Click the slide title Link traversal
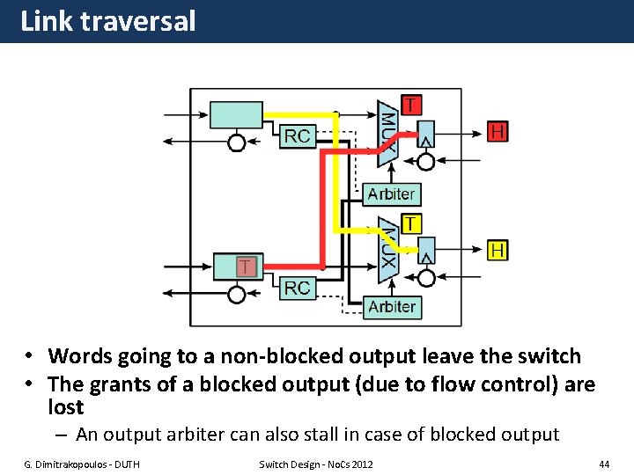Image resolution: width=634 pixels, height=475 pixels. point(107,21)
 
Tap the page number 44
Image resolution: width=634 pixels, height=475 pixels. point(603,464)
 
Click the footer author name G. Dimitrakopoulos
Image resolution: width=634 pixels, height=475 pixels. point(79,464)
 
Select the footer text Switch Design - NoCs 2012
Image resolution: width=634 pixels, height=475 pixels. point(315,464)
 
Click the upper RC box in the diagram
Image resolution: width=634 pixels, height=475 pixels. point(298,136)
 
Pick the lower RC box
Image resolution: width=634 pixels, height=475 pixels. point(298,287)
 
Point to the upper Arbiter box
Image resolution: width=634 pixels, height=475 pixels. point(391,194)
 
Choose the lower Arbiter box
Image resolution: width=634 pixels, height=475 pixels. point(391,307)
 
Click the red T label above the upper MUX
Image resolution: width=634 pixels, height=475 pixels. point(411,104)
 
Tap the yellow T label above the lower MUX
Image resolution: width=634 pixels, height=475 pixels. point(411,223)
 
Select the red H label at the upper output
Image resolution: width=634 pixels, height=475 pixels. point(498,131)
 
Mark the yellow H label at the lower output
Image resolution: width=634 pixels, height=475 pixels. point(498,251)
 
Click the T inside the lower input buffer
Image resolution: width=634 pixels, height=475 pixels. point(247,266)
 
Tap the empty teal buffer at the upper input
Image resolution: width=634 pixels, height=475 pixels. point(235,115)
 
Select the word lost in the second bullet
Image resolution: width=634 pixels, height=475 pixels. point(66,407)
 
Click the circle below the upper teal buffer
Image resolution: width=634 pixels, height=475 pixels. point(237,142)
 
